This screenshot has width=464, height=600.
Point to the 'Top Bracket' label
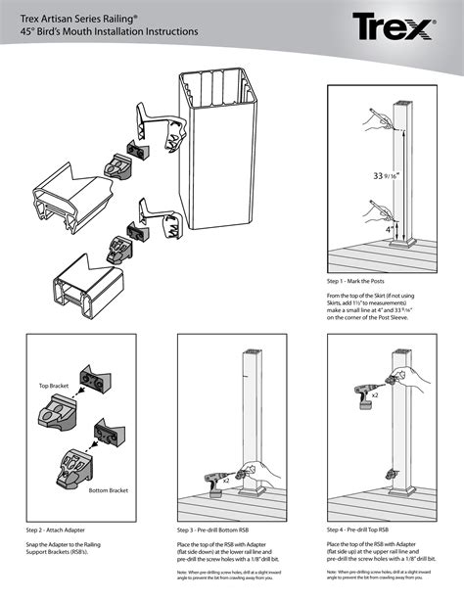(x=54, y=388)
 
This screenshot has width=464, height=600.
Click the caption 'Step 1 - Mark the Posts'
(x=361, y=281)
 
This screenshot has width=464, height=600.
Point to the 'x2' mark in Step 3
(x=226, y=483)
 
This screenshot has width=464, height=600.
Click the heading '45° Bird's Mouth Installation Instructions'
(x=108, y=32)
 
